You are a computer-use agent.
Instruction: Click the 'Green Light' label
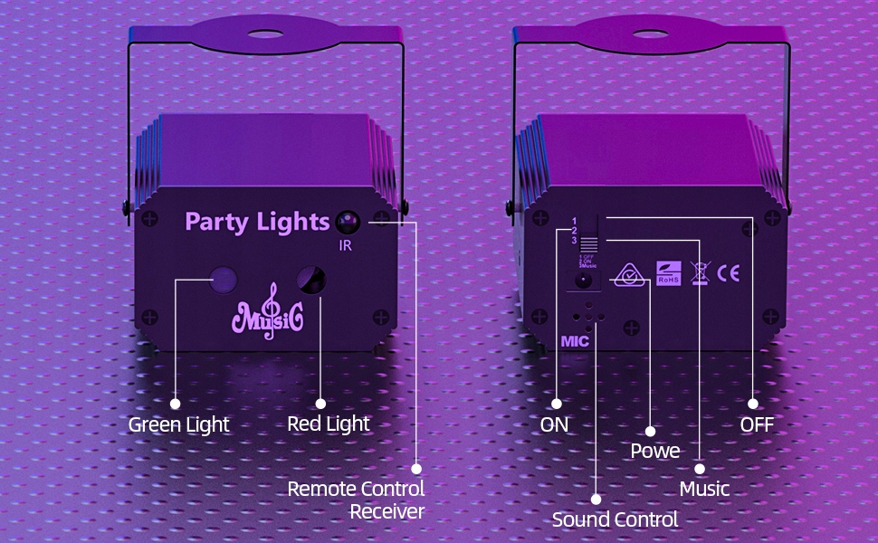coord(178,424)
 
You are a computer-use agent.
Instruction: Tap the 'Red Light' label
coord(328,424)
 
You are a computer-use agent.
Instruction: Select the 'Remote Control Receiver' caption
coord(356,500)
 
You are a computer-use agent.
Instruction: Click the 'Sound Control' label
coord(615,519)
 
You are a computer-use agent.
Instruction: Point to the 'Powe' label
coord(654,451)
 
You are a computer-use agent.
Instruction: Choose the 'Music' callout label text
coord(704,489)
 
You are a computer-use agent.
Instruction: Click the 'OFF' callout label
coord(757,424)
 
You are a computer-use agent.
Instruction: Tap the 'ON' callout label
coord(554,424)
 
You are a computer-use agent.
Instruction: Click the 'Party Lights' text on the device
coord(257,221)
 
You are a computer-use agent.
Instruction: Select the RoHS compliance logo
coord(668,272)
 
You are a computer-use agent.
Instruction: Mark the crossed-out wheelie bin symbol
coord(699,272)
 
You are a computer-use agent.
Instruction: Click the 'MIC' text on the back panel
coord(575,343)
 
